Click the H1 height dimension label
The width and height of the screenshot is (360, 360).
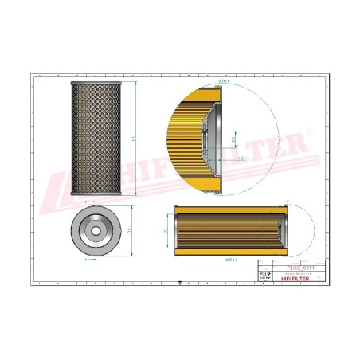[x=135, y=138]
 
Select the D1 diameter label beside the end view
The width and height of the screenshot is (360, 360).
[x=128, y=231]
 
